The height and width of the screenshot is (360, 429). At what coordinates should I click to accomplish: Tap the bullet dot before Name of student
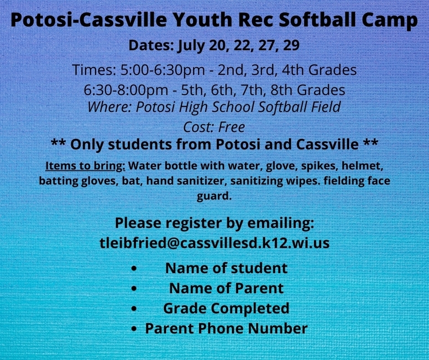(133, 268)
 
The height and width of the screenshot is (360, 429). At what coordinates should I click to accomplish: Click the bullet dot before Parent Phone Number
(133, 328)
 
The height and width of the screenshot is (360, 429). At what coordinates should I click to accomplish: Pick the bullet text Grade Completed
(226, 308)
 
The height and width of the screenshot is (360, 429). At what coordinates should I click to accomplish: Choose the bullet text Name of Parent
(226, 288)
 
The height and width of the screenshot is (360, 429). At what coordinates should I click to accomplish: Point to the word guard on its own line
(214, 197)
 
